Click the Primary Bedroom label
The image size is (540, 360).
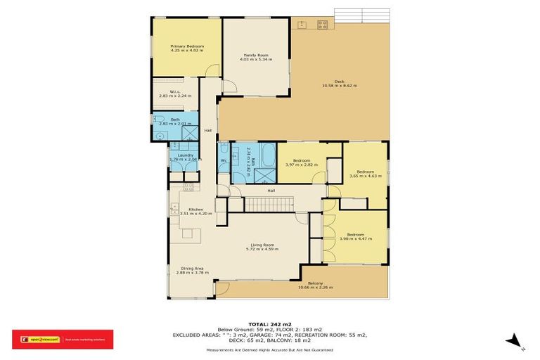point(186,46)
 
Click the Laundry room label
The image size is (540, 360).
point(186,155)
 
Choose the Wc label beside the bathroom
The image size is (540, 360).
point(224,161)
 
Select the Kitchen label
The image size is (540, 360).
point(195,209)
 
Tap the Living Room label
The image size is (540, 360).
point(262,245)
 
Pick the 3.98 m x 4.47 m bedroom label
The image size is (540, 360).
point(354,235)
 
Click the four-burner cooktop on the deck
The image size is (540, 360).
point(323,25)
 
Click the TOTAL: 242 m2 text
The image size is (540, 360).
point(270,324)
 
